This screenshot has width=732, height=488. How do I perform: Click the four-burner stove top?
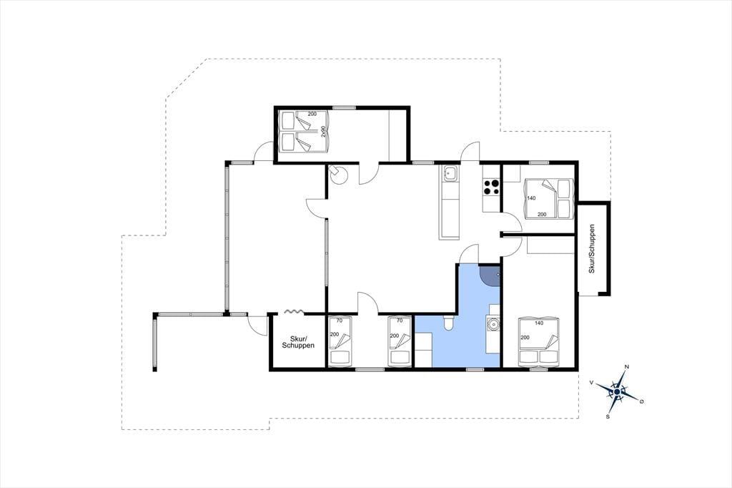point(491,187)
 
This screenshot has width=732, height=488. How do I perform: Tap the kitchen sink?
point(450,174)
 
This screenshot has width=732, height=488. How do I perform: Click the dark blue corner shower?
point(490,275)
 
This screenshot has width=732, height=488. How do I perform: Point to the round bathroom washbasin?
point(493,323)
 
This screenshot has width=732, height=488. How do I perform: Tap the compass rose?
point(617,391)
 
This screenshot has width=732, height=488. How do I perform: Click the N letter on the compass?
point(627,366)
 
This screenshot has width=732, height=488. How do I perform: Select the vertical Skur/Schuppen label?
point(592,249)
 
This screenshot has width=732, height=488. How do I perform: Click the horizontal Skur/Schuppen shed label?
point(298,342)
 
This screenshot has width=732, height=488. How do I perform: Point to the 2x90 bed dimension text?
point(323,132)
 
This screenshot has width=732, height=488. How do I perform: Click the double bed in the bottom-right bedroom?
point(539,341)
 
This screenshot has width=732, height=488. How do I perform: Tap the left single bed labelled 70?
point(340,341)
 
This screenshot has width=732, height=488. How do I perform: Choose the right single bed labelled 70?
point(400,341)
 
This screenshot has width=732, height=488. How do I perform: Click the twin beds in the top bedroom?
point(305,131)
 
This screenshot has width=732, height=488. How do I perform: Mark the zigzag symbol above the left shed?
point(295,311)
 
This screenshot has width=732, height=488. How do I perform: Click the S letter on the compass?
point(608,416)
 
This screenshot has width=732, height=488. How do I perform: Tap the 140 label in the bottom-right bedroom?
point(539,323)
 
